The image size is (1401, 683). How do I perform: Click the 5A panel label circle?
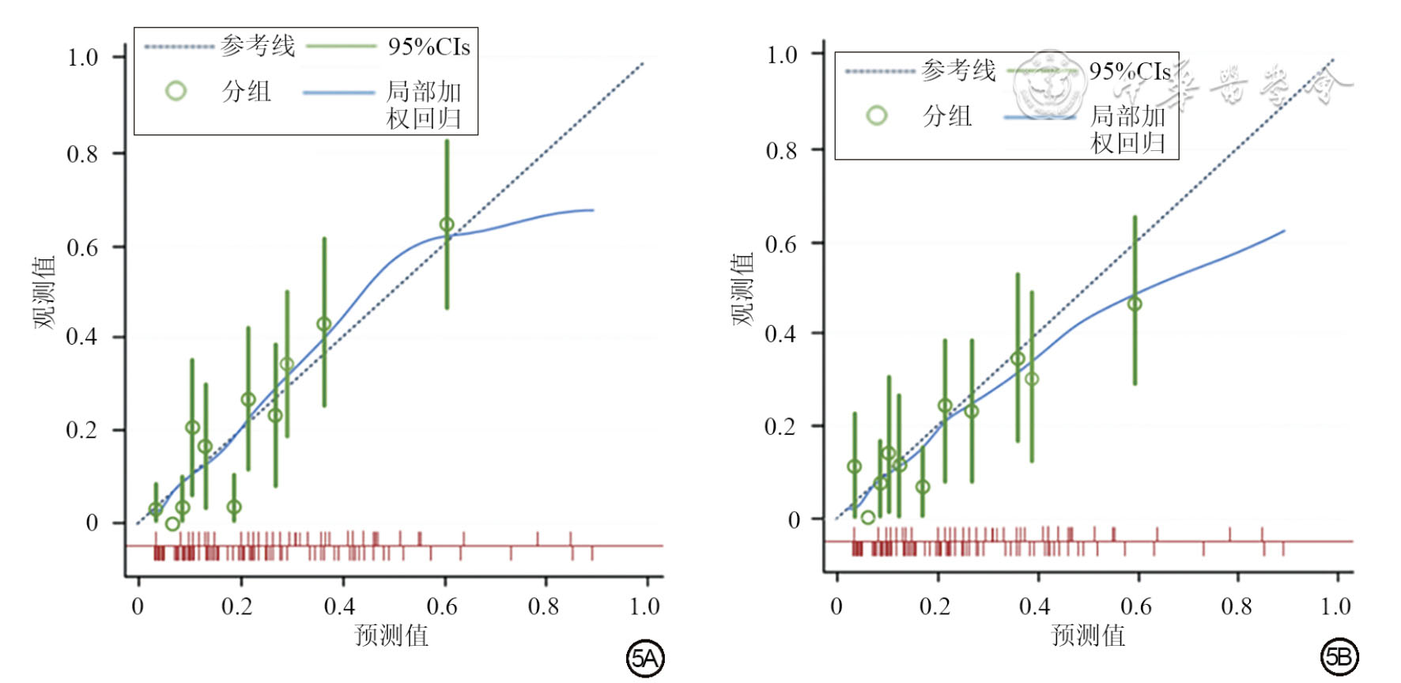(645, 658)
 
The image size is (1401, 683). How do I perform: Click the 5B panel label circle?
(1339, 658)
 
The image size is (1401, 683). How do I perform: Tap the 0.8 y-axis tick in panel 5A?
(82, 153)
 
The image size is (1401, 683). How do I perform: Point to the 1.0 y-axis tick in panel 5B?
(782, 55)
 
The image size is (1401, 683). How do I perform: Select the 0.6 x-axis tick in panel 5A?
(442, 606)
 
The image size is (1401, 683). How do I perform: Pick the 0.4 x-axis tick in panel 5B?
(1035, 606)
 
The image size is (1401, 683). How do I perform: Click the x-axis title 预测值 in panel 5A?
(391, 636)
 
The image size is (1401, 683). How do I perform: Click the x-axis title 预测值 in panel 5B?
(1088, 636)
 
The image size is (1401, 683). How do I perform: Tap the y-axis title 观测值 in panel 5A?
(45, 292)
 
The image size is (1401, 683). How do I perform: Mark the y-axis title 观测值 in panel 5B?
(742, 289)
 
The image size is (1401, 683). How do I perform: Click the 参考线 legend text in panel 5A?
(258, 46)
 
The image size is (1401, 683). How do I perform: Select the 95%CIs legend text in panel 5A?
(429, 47)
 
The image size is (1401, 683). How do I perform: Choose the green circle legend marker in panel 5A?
(176, 91)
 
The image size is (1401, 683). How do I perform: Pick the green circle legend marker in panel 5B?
(876, 116)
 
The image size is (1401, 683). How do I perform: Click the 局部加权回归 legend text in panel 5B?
(1128, 130)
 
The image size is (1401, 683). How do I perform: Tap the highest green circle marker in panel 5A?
(447, 225)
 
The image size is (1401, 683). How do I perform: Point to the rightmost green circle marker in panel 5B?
(1135, 304)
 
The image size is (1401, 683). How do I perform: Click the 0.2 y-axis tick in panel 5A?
(82, 431)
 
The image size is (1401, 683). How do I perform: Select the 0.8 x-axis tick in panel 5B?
(1237, 606)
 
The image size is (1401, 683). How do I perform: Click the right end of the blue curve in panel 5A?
(593, 210)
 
